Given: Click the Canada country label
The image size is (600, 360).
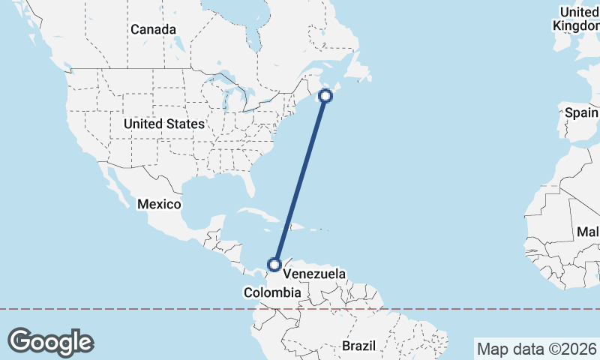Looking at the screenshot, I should [x=153, y=29].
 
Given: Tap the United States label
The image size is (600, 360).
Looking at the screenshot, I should [x=163, y=124].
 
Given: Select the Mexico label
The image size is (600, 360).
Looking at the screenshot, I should [x=159, y=204].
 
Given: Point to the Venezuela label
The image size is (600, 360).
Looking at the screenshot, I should [x=314, y=274].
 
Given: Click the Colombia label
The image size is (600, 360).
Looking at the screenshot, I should [x=271, y=292].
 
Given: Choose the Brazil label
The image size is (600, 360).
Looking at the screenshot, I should [x=358, y=346].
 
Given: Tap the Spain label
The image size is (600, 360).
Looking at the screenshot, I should [x=582, y=113].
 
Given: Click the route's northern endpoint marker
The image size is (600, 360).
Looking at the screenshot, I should [x=326, y=95].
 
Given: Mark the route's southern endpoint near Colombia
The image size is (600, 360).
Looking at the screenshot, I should [x=274, y=264].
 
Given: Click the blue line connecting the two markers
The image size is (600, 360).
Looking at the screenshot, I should [x=301, y=180].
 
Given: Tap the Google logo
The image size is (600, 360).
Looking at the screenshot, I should [x=50, y=341].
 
